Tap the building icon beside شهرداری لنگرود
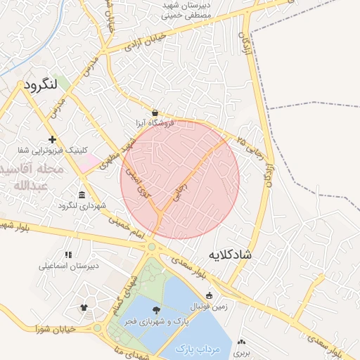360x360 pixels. [83, 195]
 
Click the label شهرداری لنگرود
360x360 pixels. [82, 207]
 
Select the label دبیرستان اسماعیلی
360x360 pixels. [68, 266]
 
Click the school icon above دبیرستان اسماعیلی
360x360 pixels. [68, 255]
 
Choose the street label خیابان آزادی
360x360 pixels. [146, 41]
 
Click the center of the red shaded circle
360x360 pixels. [180, 179]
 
